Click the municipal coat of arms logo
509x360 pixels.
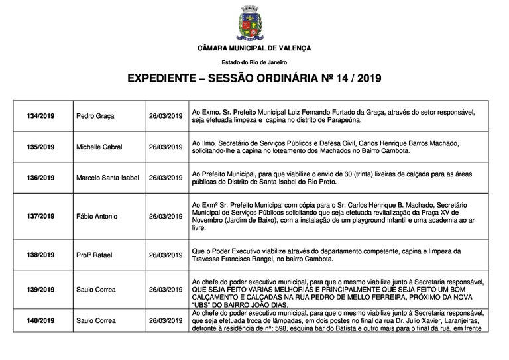[x=254, y=26]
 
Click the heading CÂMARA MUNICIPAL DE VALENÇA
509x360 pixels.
[x=254, y=49]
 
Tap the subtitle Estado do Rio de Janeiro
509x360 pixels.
[x=254, y=62]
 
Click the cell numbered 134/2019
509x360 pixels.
[x=41, y=116]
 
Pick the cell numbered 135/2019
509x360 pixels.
[x=41, y=147]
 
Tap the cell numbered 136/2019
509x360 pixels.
[x=41, y=178]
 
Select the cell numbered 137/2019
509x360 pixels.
[x=41, y=217]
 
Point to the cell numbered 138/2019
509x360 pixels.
[x=41, y=254]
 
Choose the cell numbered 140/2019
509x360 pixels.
[x=41, y=320]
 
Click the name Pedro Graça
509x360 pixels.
[x=95, y=116]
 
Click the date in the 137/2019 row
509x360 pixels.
[x=165, y=217]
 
